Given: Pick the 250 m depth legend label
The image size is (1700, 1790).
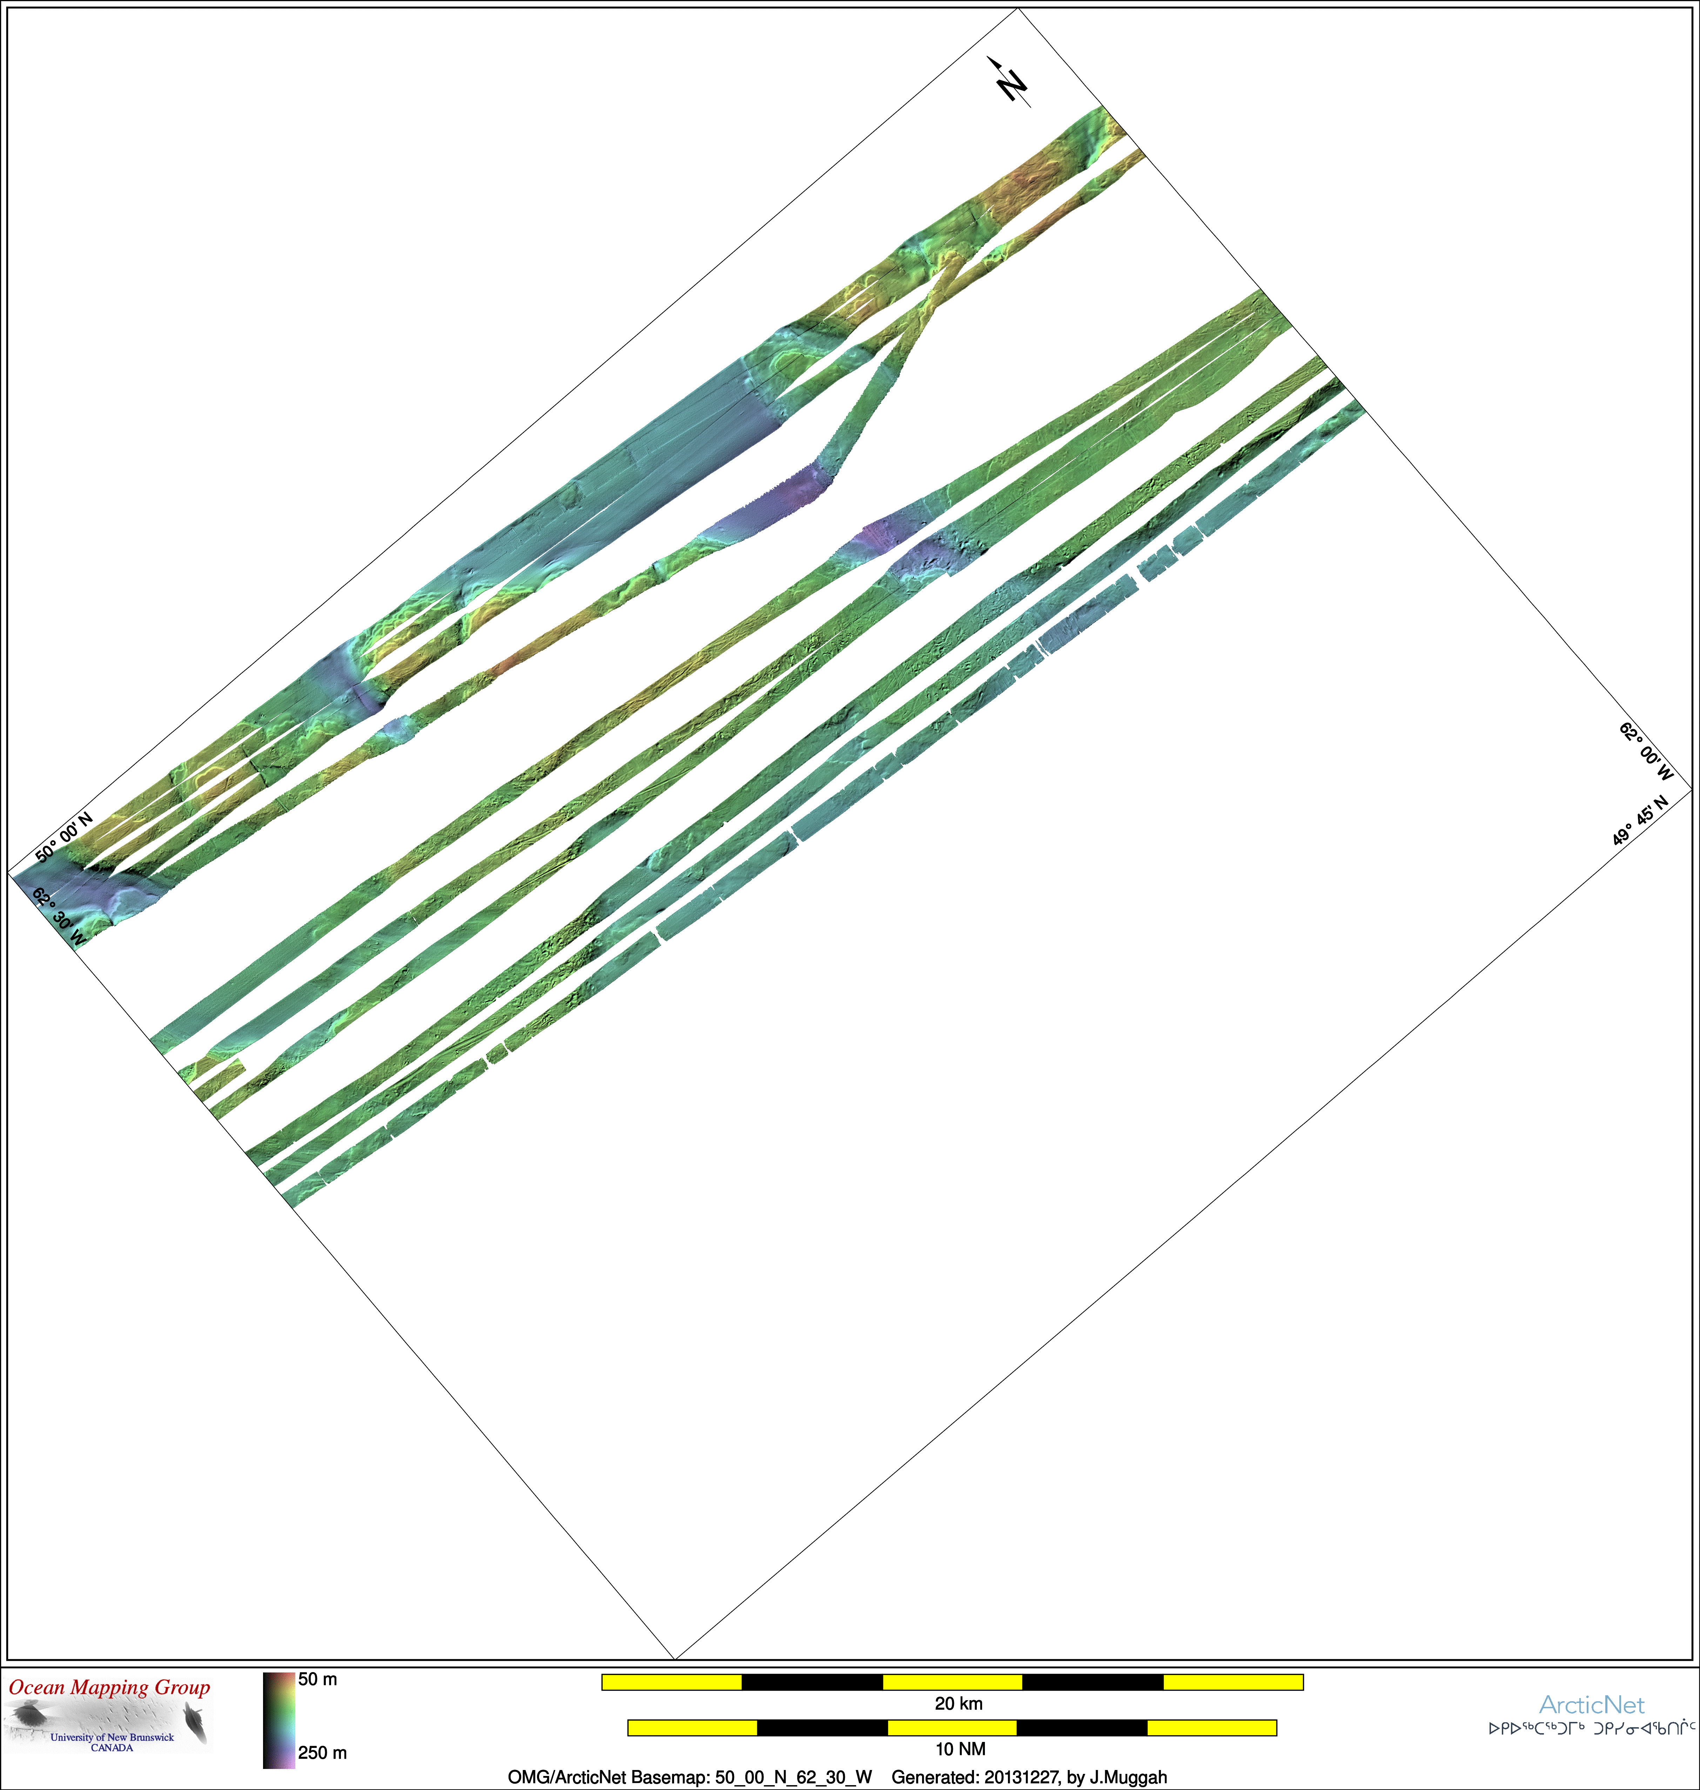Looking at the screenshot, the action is (x=323, y=1752).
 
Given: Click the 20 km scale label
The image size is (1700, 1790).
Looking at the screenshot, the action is (x=959, y=1703).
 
